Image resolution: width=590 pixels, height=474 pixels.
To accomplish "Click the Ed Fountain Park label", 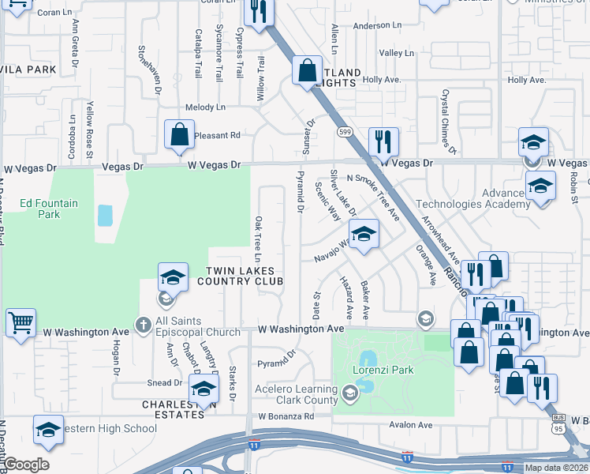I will [x=49, y=209].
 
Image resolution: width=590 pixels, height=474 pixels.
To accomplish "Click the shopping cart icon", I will [x=21, y=322].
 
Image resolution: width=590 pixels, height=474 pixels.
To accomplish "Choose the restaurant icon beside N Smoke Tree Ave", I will [x=383, y=142].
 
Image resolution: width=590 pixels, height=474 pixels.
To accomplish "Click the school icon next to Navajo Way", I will [x=364, y=235].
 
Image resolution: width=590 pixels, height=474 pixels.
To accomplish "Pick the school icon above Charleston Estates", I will [x=204, y=388].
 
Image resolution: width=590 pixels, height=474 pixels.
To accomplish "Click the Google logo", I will [x=26, y=465].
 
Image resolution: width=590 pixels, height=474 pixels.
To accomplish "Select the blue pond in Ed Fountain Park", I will [x=103, y=215].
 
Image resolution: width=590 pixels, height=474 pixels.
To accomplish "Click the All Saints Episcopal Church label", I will [x=197, y=326].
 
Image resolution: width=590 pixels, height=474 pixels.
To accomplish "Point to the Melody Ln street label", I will [x=205, y=107].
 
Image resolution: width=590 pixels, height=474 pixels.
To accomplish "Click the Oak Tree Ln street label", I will [x=257, y=239].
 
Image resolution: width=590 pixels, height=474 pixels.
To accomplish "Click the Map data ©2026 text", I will [x=555, y=468].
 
